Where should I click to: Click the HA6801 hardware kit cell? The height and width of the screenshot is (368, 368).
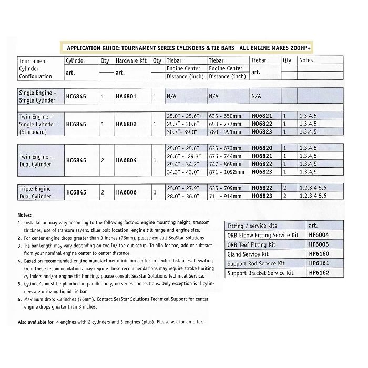click(x=126, y=97)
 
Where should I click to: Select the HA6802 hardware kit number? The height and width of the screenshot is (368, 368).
click(x=126, y=124)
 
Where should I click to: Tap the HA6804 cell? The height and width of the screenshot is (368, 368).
click(x=126, y=160)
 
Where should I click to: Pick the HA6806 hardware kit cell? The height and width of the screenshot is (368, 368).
click(x=126, y=192)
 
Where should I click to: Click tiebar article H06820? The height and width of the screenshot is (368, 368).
click(x=261, y=148)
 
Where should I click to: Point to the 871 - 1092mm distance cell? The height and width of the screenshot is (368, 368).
click(x=228, y=172)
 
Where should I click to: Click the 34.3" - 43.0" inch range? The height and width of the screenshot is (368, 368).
click(x=185, y=172)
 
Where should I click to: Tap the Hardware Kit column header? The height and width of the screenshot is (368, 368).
click(x=131, y=60)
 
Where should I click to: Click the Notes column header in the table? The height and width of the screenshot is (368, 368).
click(x=305, y=60)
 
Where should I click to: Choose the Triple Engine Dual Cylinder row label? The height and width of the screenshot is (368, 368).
click(x=35, y=192)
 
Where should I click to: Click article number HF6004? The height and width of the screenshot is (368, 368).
click(x=319, y=235)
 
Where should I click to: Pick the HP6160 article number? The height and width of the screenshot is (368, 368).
click(x=319, y=254)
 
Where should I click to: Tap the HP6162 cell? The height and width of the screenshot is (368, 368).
click(x=319, y=273)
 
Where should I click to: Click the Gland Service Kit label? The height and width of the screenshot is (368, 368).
click(x=249, y=254)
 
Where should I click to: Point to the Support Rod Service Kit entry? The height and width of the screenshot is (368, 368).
click(x=255, y=263)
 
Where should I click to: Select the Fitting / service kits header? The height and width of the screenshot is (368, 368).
click(x=252, y=226)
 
